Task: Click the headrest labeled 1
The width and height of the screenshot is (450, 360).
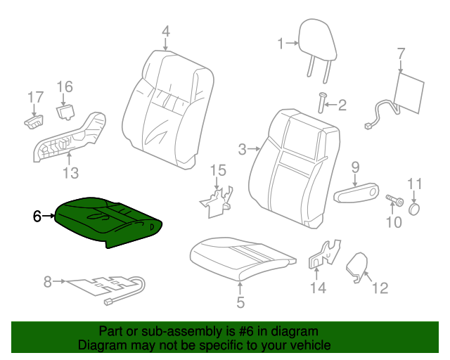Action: click(317, 43)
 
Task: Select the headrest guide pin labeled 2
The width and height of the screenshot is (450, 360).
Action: click(322, 103)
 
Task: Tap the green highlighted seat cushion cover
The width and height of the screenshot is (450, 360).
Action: click(108, 221)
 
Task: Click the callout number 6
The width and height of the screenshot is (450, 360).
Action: click(37, 216)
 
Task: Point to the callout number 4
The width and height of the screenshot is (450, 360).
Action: click(166, 32)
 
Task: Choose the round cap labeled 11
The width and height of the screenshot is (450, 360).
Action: click(414, 209)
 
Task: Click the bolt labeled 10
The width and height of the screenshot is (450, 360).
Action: click(394, 200)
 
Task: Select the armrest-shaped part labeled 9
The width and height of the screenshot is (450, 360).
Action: click(356, 193)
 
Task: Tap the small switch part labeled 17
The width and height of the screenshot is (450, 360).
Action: click(34, 122)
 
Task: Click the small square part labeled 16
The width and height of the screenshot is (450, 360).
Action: click(65, 112)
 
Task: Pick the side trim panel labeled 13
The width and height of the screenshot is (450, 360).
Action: click(70, 137)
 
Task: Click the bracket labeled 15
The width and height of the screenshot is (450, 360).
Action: click(217, 202)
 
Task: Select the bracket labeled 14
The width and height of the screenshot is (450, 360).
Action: click(324, 255)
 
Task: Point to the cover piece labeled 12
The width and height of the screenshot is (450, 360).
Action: click(357, 266)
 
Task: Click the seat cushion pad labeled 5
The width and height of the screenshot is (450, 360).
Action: click(243, 258)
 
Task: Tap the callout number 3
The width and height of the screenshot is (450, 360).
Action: click(243, 150)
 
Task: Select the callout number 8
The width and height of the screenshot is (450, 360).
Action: click(48, 282)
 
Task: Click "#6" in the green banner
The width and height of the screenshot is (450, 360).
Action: click(246, 331)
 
